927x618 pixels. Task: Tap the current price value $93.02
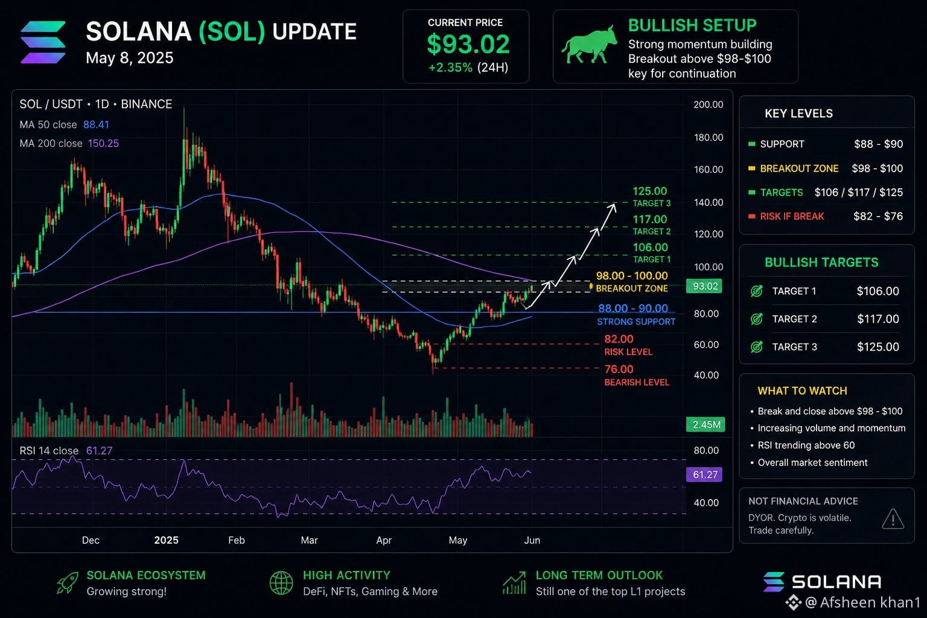(x=468, y=44)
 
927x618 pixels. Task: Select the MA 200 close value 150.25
(x=103, y=143)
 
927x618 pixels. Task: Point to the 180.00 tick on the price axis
(x=709, y=138)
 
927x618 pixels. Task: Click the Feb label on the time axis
(x=237, y=540)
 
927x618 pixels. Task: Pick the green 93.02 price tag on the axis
(x=704, y=286)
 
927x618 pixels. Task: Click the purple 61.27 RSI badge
(x=704, y=474)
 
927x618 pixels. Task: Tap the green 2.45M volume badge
(x=706, y=424)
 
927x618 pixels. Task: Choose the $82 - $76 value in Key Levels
(x=878, y=216)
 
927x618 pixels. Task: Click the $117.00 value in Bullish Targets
(x=878, y=319)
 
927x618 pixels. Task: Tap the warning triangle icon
(x=893, y=519)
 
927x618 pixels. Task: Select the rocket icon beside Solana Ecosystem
(x=68, y=583)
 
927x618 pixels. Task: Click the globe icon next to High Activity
(x=281, y=583)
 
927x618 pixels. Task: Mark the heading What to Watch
(x=803, y=390)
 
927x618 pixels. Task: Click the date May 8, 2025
(x=130, y=58)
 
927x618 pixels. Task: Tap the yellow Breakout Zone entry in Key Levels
(x=799, y=168)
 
